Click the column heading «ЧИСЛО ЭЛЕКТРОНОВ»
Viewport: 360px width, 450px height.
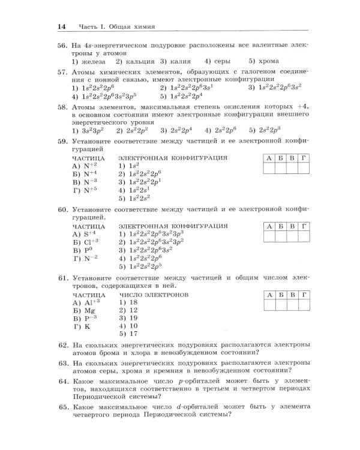154,295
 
